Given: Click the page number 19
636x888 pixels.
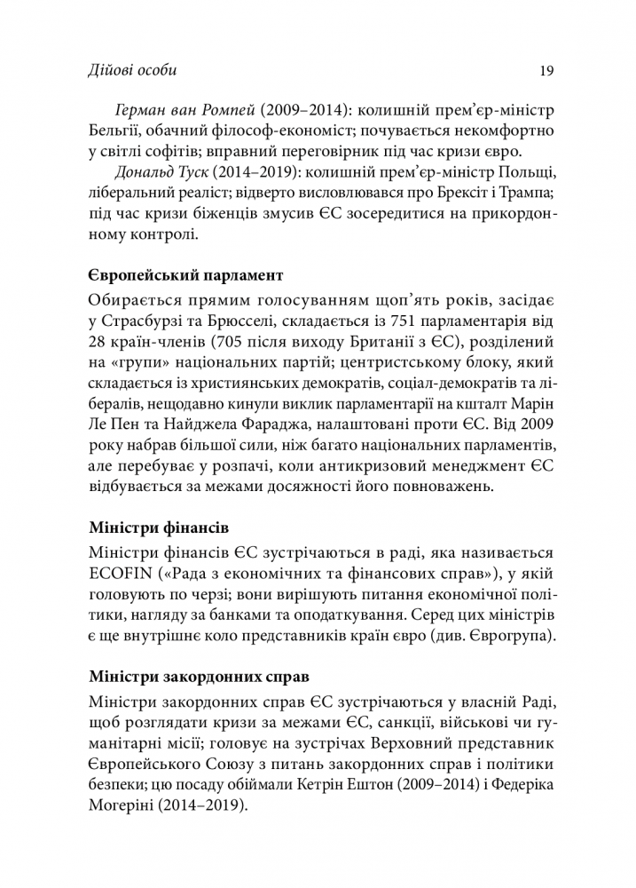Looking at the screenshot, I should pyautogui.click(x=547, y=70).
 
